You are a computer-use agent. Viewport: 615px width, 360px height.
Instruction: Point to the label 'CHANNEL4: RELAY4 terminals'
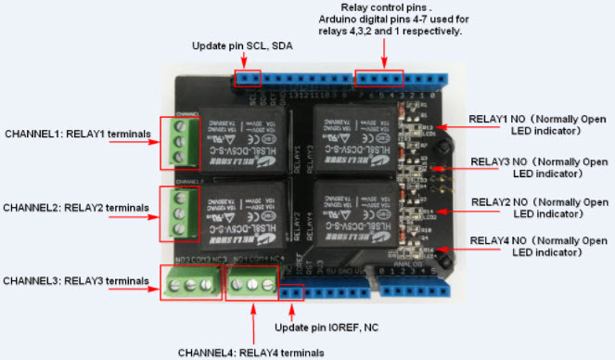[x=251, y=352]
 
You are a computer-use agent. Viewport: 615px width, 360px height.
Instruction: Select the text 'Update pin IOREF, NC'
[x=325, y=327]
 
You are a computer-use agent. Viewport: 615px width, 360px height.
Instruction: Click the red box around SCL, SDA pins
[x=247, y=77]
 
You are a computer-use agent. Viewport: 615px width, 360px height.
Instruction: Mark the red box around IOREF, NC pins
[x=292, y=291]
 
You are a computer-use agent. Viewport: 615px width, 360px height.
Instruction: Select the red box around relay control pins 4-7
[x=380, y=78]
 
